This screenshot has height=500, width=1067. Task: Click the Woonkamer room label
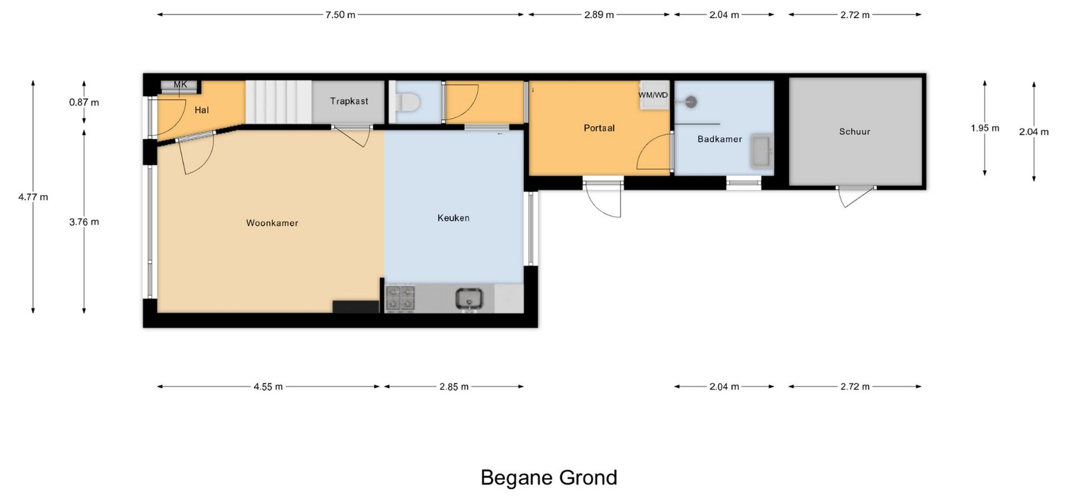pos(272,223)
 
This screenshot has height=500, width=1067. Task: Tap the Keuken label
pos(453,218)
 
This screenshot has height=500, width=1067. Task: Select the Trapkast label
pos(349,101)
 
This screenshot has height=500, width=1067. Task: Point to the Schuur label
pos(855,132)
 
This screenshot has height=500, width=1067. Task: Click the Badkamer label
pos(720,139)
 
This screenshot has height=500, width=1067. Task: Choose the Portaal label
pos(599,128)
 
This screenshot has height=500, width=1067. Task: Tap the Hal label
pos(202,110)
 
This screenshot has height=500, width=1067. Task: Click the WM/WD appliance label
pos(653,95)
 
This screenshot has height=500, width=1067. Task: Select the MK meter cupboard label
pos(180,84)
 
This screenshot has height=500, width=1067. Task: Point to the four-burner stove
pos(401,298)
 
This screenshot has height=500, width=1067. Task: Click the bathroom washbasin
pos(761,151)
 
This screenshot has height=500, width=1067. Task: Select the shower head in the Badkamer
pos(691,102)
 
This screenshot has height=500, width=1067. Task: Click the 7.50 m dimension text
pos(340,15)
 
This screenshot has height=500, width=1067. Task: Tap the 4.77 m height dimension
pos(33,197)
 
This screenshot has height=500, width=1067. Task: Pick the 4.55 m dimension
pos(268,387)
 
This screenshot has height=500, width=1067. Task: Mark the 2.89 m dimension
pos(599,15)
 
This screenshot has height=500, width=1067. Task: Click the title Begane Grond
pos(549,478)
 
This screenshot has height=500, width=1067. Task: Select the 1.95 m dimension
pos(985,128)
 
